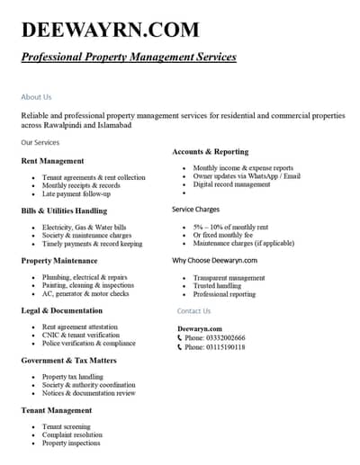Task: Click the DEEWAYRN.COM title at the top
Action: click(110, 29)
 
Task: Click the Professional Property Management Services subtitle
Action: click(129, 57)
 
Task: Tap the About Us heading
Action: click(36, 96)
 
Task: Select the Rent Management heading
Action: click(52, 161)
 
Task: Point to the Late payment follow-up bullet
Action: click(76, 193)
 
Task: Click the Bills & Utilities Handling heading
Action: click(64, 210)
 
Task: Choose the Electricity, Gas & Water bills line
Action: click(85, 228)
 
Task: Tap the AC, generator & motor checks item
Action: click(85, 293)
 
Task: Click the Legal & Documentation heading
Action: click(61, 310)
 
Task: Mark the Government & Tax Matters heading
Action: click(68, 360)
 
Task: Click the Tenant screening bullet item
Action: click(67, 426)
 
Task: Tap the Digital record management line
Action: click(231, 184)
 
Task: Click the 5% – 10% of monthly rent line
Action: click(230, 228)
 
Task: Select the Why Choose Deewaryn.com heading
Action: click(214, 260)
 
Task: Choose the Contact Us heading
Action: click(193, 310)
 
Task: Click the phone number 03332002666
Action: click(225, 337)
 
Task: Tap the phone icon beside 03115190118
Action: click(180, 346)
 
